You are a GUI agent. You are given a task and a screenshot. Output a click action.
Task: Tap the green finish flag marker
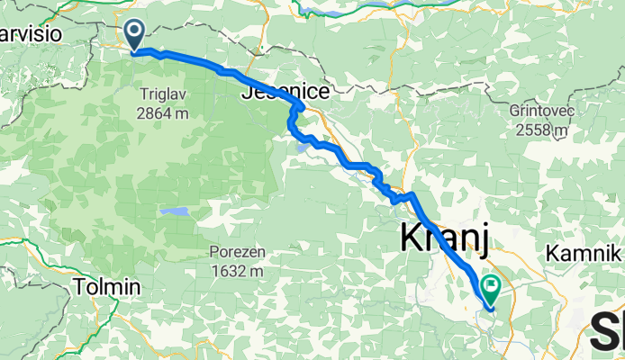coord(492,289)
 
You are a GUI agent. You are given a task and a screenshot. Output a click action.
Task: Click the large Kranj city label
coord(443,239)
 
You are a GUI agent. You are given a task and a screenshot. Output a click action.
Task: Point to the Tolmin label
coord(108,287)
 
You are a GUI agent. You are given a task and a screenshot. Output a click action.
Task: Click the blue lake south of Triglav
coord(175,212)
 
